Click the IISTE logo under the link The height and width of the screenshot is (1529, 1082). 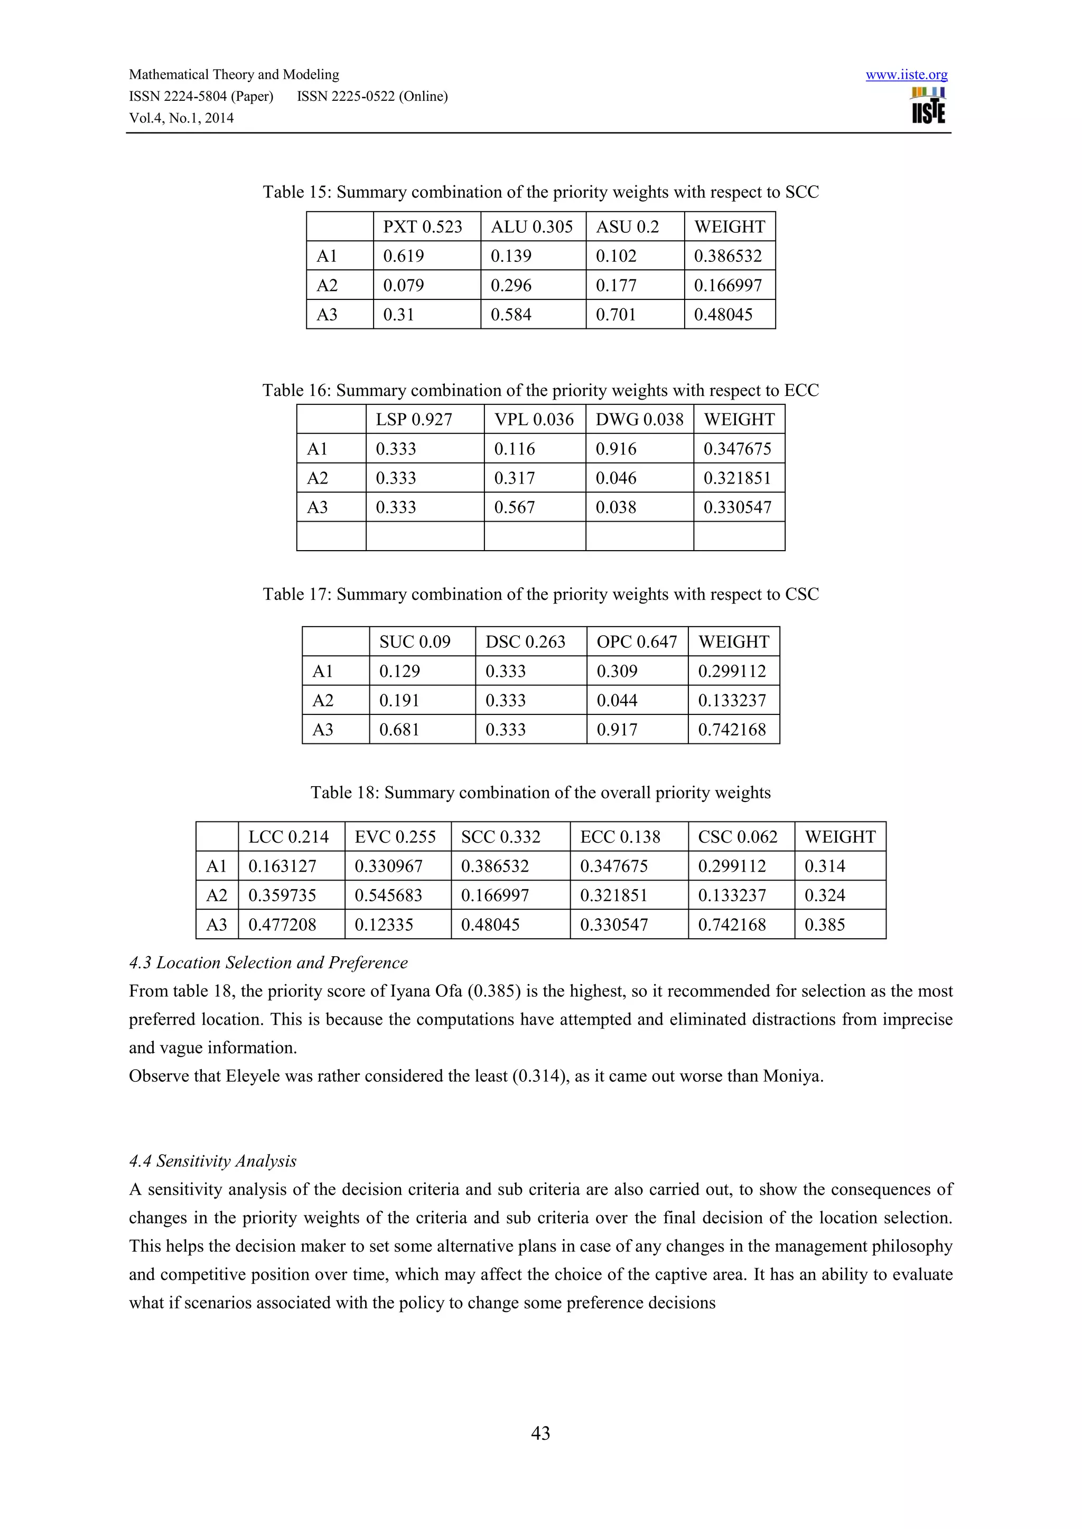pyautogui.click(x=928, y=107)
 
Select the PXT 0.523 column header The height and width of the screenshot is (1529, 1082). pyautogui.click(x=423, y=227)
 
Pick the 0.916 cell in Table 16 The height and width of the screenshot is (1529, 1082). pyautogui.click(x=615, y=449)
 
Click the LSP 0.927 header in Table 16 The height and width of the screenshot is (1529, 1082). pyautogui.click(x=414, y=420)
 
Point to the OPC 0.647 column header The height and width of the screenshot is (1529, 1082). pyautogui.click(x=636, y=642)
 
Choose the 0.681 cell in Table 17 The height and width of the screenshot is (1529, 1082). pyautogui.click(x=399, y=730)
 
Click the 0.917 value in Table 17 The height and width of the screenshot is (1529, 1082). pyautogui.click(x=617, y=730)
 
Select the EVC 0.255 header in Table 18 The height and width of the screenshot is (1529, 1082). pyautogui.click(x=395, y=837)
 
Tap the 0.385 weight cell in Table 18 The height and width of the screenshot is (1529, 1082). pyautogui.click(x=825, y=925)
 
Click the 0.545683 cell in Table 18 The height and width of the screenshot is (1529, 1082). pyautogui.click(x=388, y=895)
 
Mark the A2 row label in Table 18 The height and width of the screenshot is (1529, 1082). pyautogui.click(x=217, y=895)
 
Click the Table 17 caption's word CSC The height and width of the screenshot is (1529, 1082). pyautogui.click(x=801, y=594)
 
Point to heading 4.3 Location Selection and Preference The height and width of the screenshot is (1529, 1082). pyautogui.click(x=268, y=963)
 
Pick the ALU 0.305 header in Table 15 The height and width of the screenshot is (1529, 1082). pyautogui.click(x=531, y=227)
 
